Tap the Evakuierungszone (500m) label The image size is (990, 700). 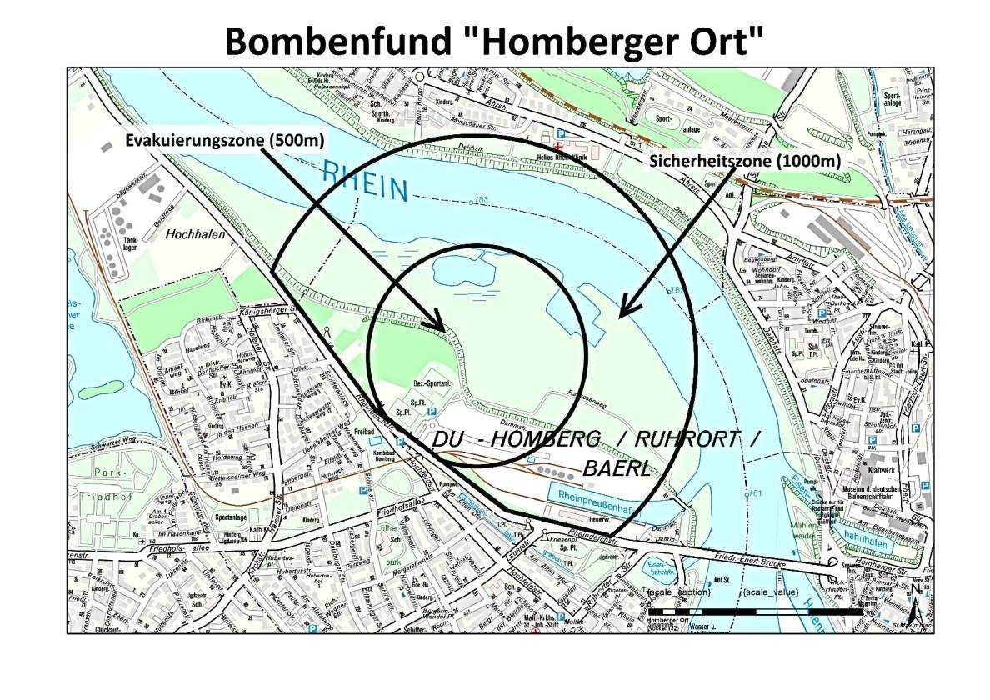click(225, 139)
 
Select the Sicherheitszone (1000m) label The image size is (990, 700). click(744, 162)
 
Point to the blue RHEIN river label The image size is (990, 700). click(364, 182)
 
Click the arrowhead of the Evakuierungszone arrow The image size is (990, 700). click(438, 323)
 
